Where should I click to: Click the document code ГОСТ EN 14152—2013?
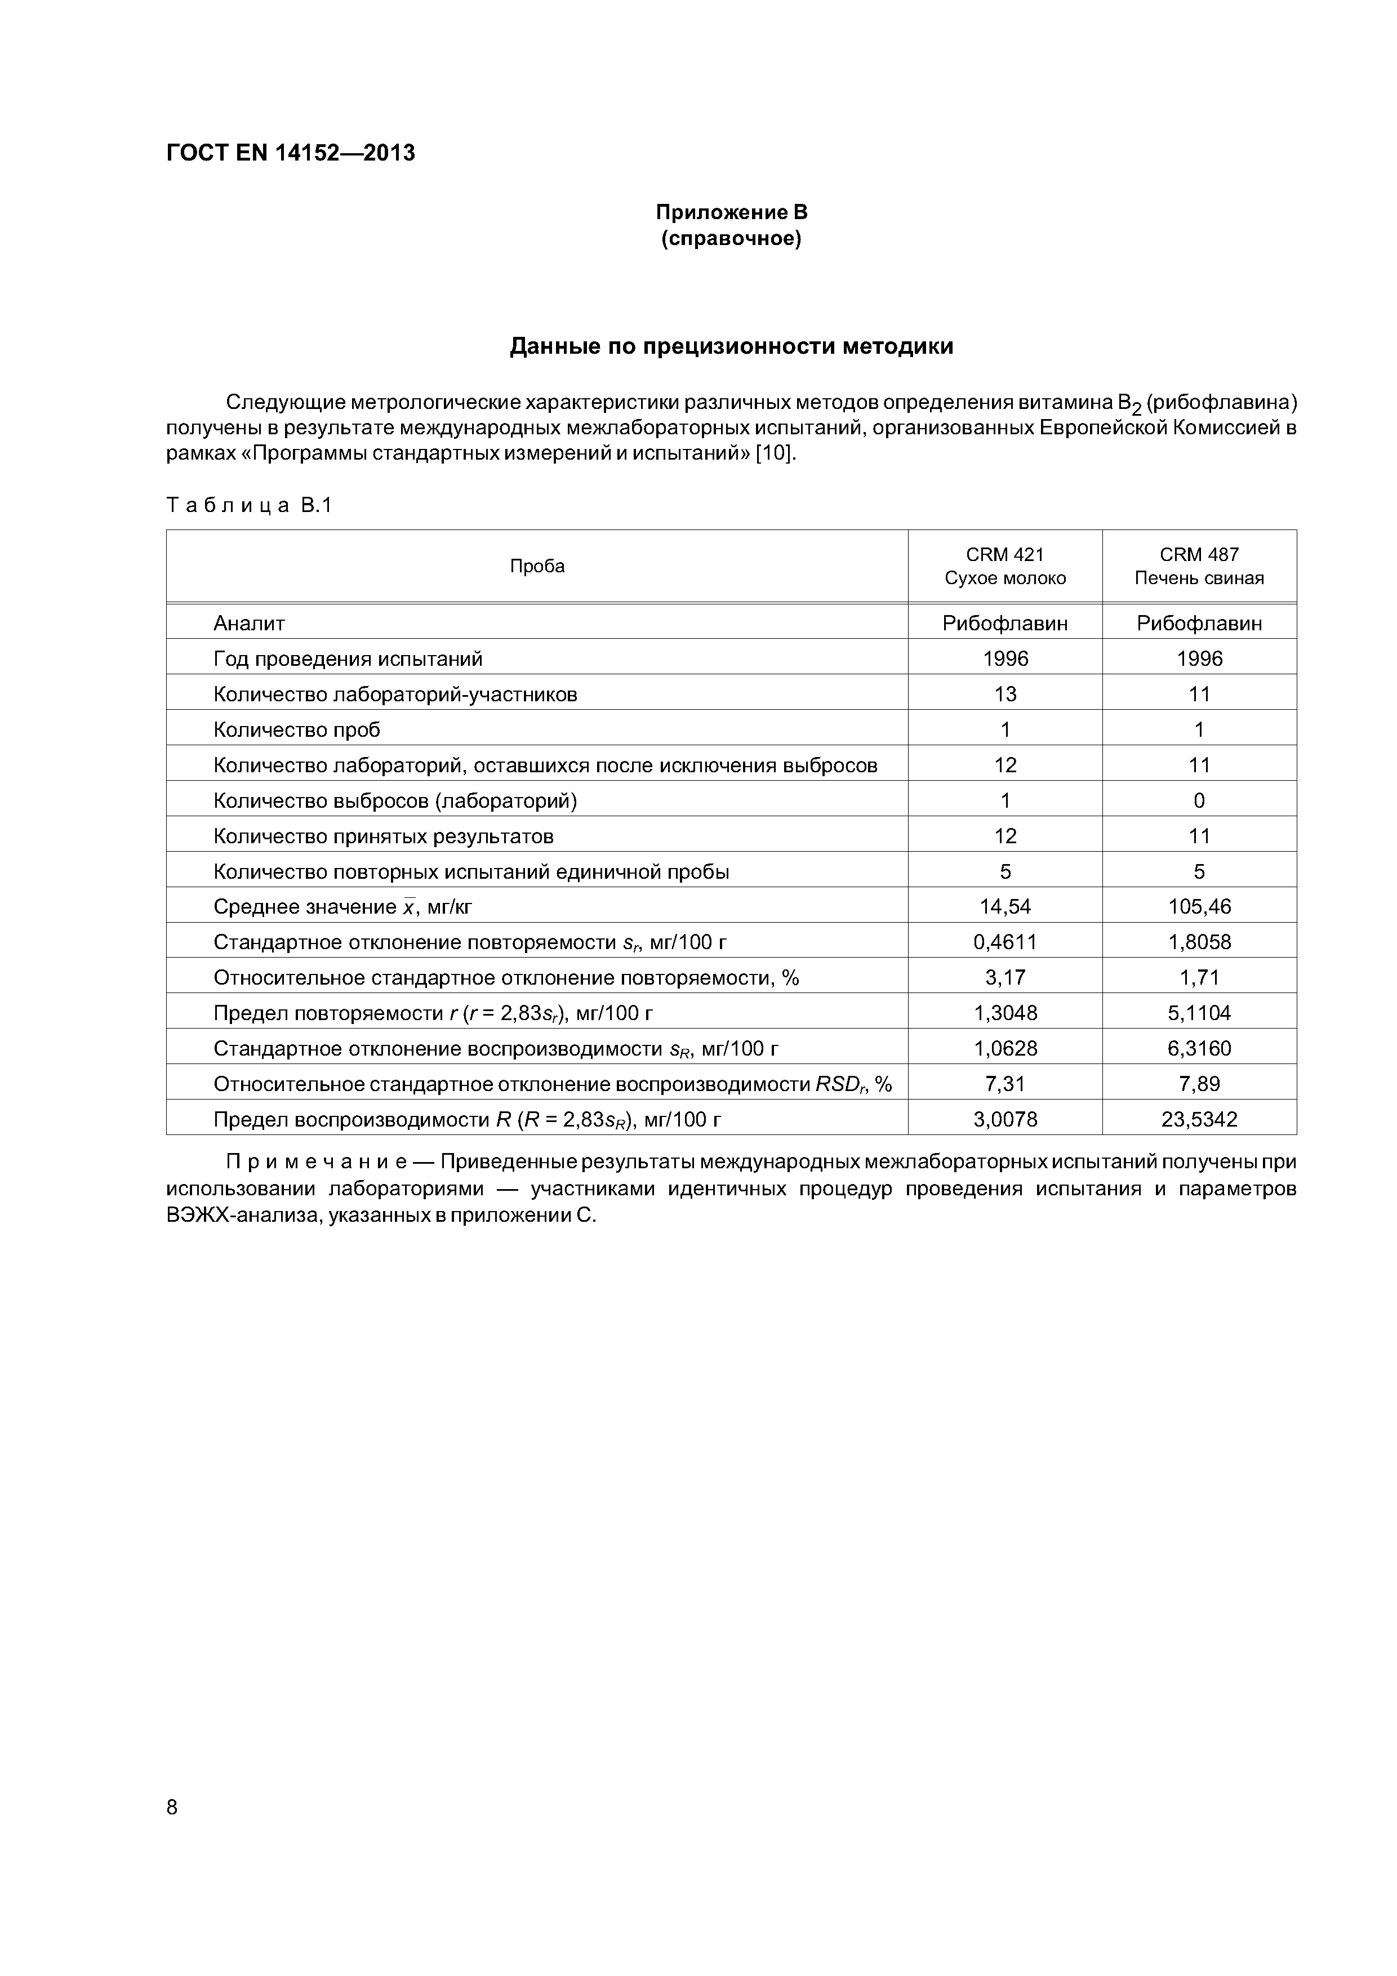(290, 153)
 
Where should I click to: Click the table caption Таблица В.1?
(249, 505)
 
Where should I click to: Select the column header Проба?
(537, 566)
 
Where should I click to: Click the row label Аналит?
(249, 623)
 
